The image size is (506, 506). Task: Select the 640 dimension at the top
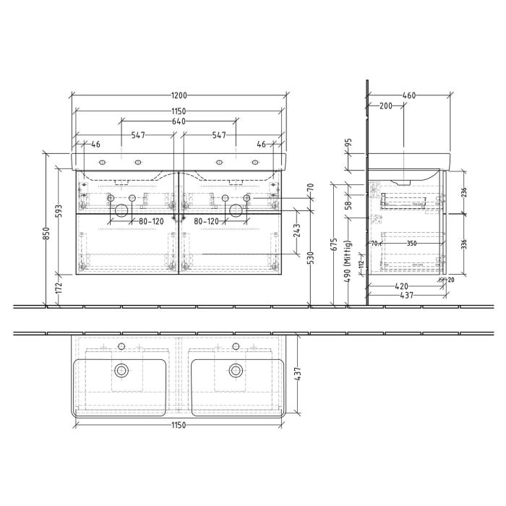pyautogui.click(x=179, y=121)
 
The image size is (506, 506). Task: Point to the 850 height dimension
pyautogui.click(x=46, y=234)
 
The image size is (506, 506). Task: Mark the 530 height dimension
pyautogui.click(x=310, y=258)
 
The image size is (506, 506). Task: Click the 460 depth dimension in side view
pyautogui.click(x=409, y=95)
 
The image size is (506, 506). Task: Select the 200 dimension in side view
pyautogui.click(x=385, y=106)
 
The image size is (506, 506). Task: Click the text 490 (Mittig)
pyautogui.click(x=348, y=266)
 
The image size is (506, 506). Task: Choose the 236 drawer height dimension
pyautogui.click(x=464, y=192)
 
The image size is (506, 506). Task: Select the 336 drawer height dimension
pyautogui.click(x=464, y=244)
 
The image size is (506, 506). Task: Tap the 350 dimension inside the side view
pyautogui.click(x=411, y=244)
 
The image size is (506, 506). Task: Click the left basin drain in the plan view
pyautogui.click(x=121, y=370)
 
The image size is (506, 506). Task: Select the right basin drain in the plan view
pyautogui.click(x=235, y=370)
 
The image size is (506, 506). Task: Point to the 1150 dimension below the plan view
pyautogui.click(x=179, y=425)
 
